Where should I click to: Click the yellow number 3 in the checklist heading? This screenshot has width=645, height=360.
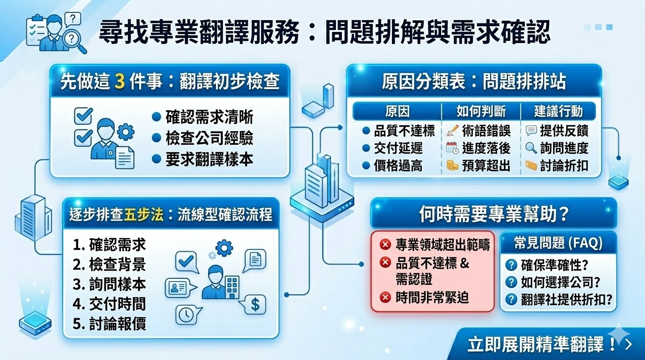point(120,82)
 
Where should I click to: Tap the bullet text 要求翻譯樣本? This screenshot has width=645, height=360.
point(209,159)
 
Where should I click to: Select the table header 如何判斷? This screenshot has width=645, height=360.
point(481,111)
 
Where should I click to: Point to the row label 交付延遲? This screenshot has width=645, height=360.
point(398,148)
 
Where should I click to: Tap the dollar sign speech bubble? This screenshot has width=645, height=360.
point(255,305)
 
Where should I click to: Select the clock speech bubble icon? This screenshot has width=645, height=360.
point(187,315)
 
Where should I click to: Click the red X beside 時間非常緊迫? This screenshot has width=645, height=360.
point(385,297)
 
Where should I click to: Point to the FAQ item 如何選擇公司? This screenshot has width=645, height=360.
point(561,282)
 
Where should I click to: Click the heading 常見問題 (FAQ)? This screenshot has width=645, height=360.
point(558,243)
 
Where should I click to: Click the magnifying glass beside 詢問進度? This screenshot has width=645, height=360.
point(531,148)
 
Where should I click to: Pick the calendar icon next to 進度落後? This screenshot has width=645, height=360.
point(452,148)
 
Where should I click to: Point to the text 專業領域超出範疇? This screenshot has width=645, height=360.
point(442,245)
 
